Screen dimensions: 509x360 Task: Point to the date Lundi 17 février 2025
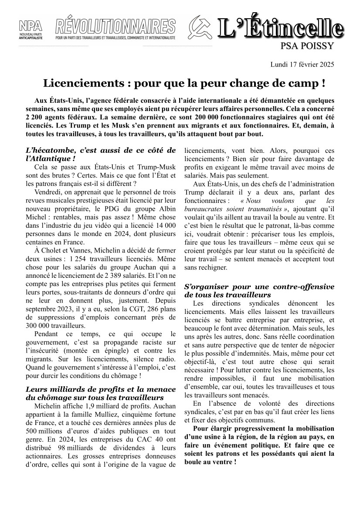(x=302, y=65)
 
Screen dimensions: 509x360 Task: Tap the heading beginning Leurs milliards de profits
(x=101, y=393)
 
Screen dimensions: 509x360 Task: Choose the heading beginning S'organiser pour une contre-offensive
(x=259, y=291)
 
